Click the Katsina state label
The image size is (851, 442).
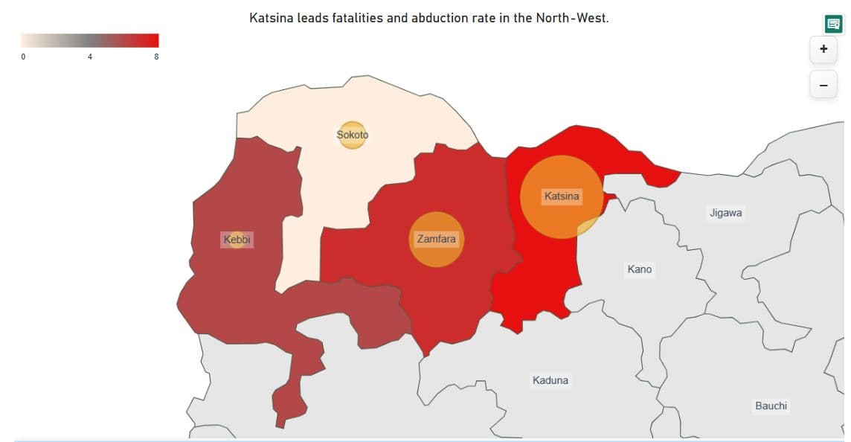pyautogui.click(x=562, y=196)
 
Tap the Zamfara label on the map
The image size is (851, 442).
pyautogui.click(x=436, y=239)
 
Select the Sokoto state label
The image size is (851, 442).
pyautogui.click(x=352, y=135)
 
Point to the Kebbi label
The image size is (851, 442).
pyautogui.click(x=237, y=240)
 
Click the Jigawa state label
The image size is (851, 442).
pyautogui.click(x=725, y=213)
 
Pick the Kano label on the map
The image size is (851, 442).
pyautogui.click(x=639, y=269)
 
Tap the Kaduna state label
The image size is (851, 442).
pyautogui.click(x=550, y=380)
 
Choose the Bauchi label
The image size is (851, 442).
pyautogui.click(x=771, y=406)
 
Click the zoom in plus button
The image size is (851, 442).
pyautogui.click(x=823, y=49)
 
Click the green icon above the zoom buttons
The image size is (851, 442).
pyautogui.click(x=833, y=24)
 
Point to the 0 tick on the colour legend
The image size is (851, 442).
pyautogui.click(x=23, y=57)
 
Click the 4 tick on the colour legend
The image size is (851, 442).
pyautogui.click(x=90, y=57)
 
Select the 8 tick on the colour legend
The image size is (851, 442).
pyautogui.click(x=156, y=57)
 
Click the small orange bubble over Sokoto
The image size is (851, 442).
pyautogui.click(x=352, y=135)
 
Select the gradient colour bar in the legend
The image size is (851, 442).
pyautogui.click(x=89, y=40)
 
